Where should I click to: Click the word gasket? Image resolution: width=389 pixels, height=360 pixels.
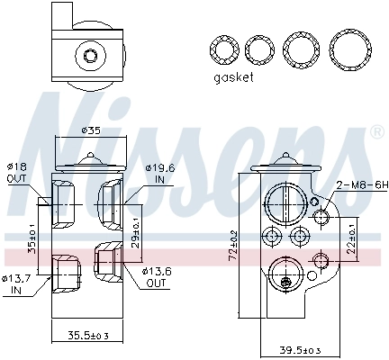pos(233,77)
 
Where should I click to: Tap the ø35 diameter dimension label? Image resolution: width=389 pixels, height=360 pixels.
pos(90,130)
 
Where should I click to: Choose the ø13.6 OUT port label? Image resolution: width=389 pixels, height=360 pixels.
pos(156,277)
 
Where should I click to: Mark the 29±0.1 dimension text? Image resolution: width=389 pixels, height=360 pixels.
pos(136,229)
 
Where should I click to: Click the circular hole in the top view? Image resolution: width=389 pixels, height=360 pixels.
pos(90,56)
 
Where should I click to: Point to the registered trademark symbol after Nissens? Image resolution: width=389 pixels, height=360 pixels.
pos(375,133)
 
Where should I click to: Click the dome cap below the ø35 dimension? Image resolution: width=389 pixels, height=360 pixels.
pos(89,163)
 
